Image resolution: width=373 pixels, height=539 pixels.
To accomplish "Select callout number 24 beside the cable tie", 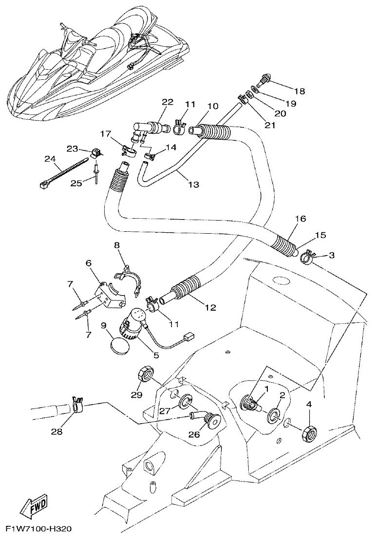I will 51,159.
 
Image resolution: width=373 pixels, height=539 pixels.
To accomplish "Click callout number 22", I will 168,102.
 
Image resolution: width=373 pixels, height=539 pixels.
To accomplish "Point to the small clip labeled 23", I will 94,152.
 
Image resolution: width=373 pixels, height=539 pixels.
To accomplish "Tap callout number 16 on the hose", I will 300,219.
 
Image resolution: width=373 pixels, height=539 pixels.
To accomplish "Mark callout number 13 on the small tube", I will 193,185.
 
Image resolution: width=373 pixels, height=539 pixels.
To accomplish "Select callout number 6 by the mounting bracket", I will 89,263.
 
